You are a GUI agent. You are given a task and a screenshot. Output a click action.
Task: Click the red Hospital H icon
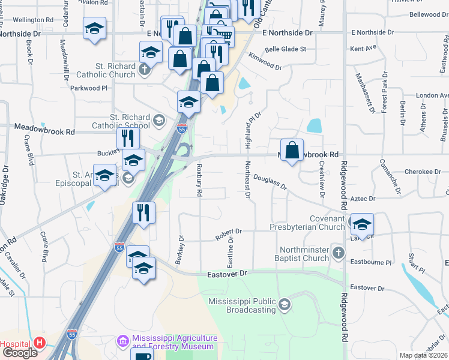pyautogui.click(x=40, y=343)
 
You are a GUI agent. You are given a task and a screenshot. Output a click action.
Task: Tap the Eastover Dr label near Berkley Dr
pyautogui.click(x=227, y=274)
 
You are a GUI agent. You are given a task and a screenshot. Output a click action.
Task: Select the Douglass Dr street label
pyautogui.click(x=270, y=182)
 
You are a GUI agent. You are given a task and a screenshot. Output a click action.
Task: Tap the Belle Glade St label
pyautogui.click(x=285, y=49)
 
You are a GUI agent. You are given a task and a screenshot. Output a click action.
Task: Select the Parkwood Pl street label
pyautogui.click(x=88, y=88)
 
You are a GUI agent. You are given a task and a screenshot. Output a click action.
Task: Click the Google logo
pyautogui.click(x=19, y=352)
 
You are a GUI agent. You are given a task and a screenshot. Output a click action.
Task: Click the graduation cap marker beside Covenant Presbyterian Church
pyautogui.click(x=362, y=224)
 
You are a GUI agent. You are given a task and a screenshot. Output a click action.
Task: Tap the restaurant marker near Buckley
pyautogui.click(x=128, y=138)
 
